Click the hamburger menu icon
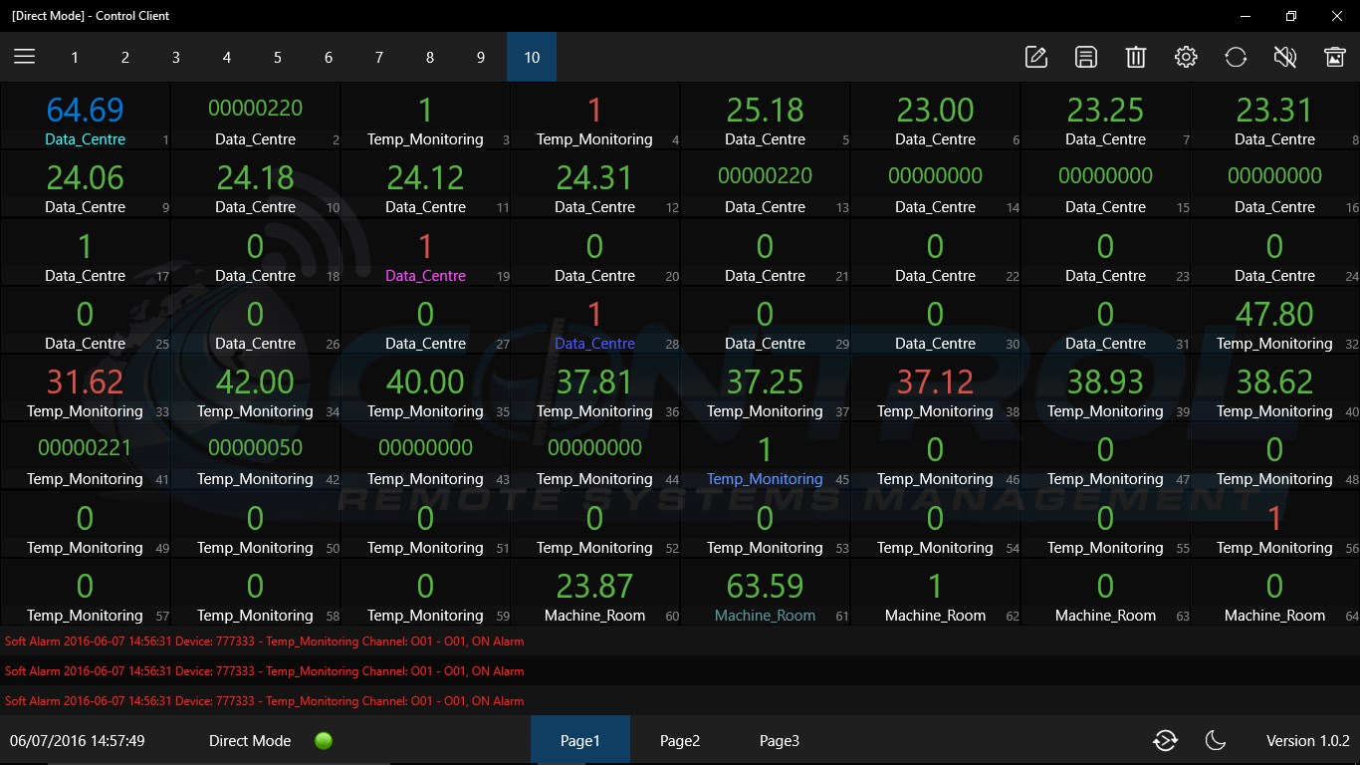(x=25, y=57)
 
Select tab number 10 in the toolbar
(x=532, y=57)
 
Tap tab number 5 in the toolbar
(x=278, y=57)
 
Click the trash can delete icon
(x=1136, y=57)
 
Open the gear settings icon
(x=1186, y=57)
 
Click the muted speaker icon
(x=1285, y=57)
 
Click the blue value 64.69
(x=85, y=110)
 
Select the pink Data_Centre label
(x=425, y=276)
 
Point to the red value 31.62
(x=85, y=382)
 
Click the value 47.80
(x=1274, y=314)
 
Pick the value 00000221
(x=85, y=447)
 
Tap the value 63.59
(x=765, y=586)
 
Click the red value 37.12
(x=935, y=382)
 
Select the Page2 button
(x=680, y=741)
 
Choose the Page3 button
(x=780, y=741)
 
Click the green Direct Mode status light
(x=324, y=741)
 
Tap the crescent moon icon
(x=1215, y=740)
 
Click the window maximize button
(x=1291, y=16)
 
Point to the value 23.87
(x=594, y=586)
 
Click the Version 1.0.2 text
(x=1307, y=741)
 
